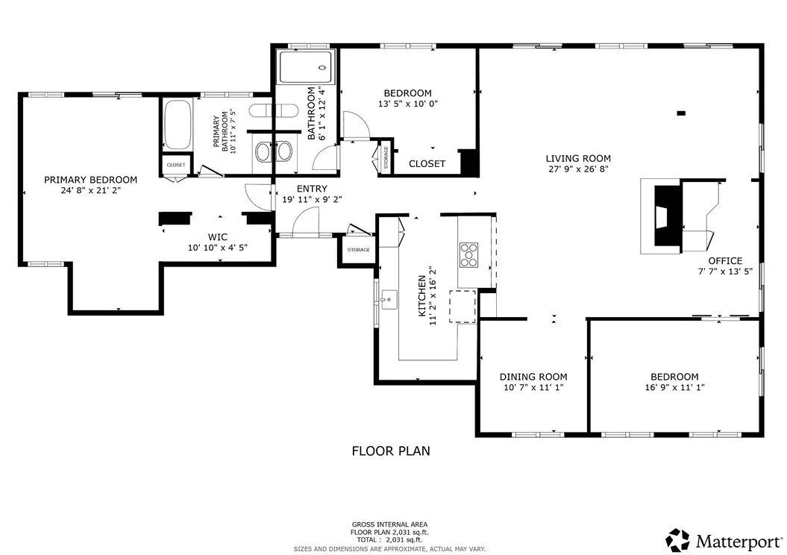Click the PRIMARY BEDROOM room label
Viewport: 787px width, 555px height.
tap(90, 180)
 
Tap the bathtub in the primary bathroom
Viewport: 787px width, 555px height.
tap(177, 125)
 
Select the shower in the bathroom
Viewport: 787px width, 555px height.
tap(305, 67)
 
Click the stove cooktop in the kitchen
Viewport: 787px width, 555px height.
tap(469, 254)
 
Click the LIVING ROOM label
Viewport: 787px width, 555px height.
tap(577, 158)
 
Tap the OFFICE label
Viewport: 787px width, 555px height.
tap(724, 260)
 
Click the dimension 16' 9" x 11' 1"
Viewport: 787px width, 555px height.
tap(674, 387)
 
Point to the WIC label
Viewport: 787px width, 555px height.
tap(217, 236)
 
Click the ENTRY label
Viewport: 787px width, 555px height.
tap(311, 189)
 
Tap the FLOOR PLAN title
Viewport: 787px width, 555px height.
tap(390, 451)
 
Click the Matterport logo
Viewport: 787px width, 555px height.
tap(724, 539)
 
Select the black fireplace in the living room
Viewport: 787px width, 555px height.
tap(667, 216)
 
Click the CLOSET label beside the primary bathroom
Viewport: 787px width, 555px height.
tap(176, 165)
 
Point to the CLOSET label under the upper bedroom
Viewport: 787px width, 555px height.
tap(427, 163)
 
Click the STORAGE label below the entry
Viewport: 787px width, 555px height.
tap(358, 249)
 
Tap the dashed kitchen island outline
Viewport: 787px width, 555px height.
tap(462, 307)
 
